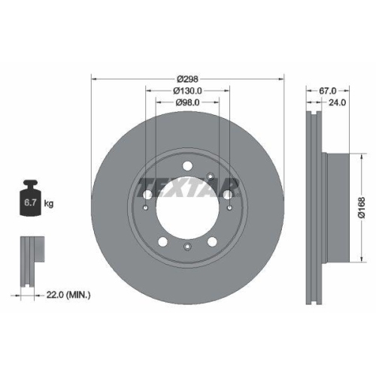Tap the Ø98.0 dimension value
tap(186, 103)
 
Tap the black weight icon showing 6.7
tap(30, 199)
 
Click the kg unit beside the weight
tap(49, 203)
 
